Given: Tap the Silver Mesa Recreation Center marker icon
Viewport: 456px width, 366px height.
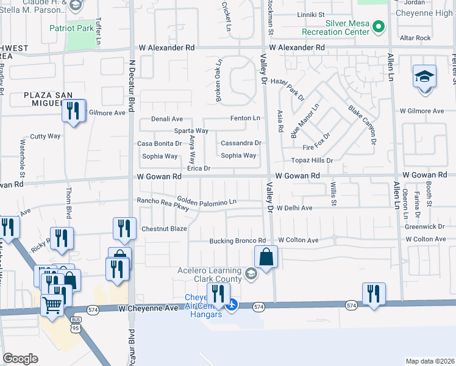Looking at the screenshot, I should click(379, 27).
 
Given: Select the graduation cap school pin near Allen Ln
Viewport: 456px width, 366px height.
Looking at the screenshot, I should click(424, 78).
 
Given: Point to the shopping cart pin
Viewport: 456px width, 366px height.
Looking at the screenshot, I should click(52, 304).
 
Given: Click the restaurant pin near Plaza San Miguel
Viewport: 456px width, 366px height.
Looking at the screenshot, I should click(74, 112).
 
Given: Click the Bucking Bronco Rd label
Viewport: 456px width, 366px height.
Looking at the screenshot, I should click(238, 241).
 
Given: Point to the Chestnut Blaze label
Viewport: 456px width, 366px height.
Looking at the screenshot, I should click(164, 229).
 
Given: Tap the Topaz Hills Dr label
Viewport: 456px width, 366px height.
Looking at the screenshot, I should click(312, 160).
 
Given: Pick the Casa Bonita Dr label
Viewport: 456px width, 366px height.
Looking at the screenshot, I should click(159, 144).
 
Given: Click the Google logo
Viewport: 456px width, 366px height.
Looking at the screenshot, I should click(20, 358).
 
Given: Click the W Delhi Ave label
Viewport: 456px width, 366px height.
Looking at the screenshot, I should click(294, 208).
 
